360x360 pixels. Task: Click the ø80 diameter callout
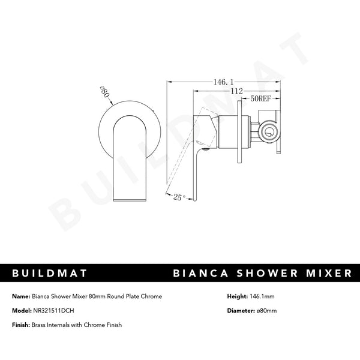103,92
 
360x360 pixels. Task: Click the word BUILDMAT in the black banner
50,274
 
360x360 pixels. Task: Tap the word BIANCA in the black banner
202,274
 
